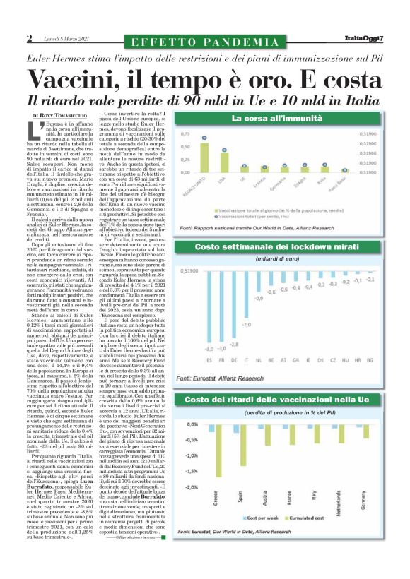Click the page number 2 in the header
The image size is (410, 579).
pos(30,37)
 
